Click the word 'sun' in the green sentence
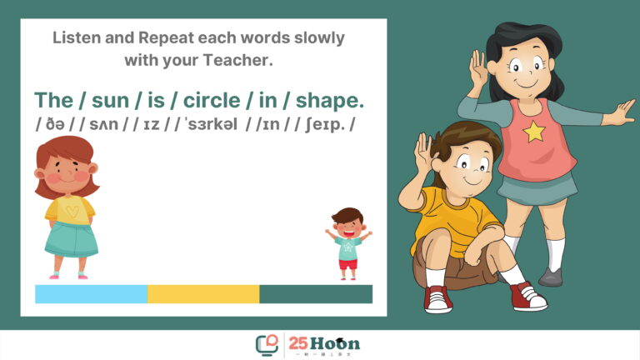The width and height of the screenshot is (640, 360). pos(110,100)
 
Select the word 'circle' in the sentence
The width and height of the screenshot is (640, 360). pos(212,100)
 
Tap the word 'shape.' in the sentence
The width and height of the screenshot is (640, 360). pos(329,101)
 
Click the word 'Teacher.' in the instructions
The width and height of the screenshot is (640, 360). pos(237,60)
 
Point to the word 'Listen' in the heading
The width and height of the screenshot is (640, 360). pos(77,37)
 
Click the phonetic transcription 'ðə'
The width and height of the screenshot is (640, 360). pos(55,124)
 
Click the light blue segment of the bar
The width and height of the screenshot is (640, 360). pos(92,294)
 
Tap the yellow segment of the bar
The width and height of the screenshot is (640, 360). pos(203,294)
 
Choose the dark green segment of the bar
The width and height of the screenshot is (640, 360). pos(316,294)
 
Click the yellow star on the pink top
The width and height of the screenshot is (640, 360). pos(534,132)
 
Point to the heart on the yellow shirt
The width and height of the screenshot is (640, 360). pos(72,212)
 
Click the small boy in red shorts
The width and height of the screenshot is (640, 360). pos(348,243)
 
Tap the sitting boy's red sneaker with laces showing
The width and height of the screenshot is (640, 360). pos(529,297)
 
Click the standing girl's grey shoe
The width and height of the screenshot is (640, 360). pos(551,277)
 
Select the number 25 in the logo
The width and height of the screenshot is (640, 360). pos(298,343)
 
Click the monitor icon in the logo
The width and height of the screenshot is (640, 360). pos(267,345)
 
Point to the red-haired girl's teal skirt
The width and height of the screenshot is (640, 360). pos(72,239)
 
